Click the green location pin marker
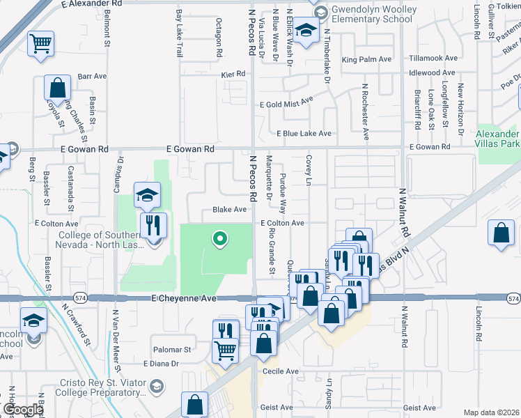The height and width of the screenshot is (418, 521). coord(220,240)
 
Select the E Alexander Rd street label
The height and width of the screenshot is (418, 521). coord(92,4)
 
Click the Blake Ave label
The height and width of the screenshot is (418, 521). coord(230,210)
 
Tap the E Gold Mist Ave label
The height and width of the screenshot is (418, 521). coord(286,102)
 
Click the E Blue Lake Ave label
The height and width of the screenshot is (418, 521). coord(304,133)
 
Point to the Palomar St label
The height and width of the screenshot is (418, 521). coord(173,349)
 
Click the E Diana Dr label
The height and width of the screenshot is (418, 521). coord(162,364)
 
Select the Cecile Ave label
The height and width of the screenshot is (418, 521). coord(280,371)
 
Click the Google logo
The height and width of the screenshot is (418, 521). coord(23,410)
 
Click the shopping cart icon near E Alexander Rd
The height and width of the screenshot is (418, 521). coord(40,44)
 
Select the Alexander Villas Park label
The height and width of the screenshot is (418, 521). coord(497,139)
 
